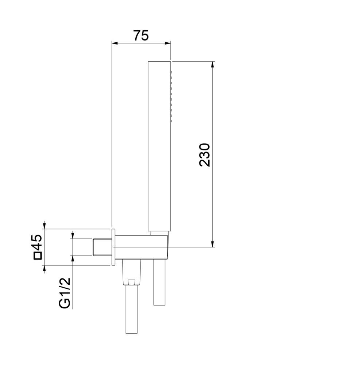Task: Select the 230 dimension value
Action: pos(205,155)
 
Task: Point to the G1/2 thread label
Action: pos(65,293)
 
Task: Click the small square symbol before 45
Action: pos(37,256)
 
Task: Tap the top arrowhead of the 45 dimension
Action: pos(45,226)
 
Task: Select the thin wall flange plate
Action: pos(113,247)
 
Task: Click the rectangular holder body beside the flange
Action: pos(142,247)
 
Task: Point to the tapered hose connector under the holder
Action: pos(131,272)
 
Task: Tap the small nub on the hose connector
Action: pos(131,282)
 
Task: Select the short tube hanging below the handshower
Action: pos(159,283)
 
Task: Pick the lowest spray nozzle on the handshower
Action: pos(170,120)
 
